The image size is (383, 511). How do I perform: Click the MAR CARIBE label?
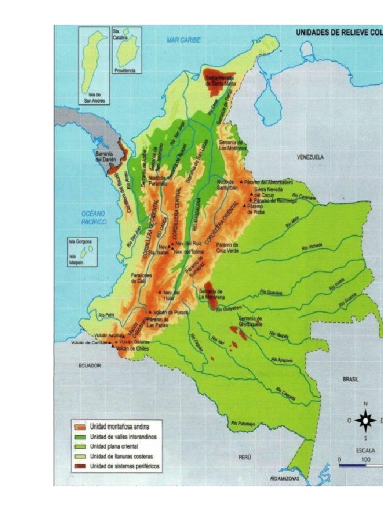coord(184,40)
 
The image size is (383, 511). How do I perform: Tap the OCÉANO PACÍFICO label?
coord(94,218)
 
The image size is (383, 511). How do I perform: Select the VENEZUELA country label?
coord(310,157)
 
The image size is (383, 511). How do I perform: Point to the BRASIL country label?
coord(351,379)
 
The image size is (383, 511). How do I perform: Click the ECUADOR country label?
coord(89,366)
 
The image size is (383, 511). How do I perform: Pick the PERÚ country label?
coord(244,457)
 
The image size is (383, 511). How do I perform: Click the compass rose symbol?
coord(366,421)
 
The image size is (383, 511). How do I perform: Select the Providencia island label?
coord(125,71)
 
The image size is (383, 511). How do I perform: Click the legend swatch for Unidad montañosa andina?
coord(79,427)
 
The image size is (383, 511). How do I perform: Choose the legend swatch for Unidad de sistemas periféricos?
coord(79,467)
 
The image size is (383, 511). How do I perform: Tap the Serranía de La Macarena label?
coord(211,294)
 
